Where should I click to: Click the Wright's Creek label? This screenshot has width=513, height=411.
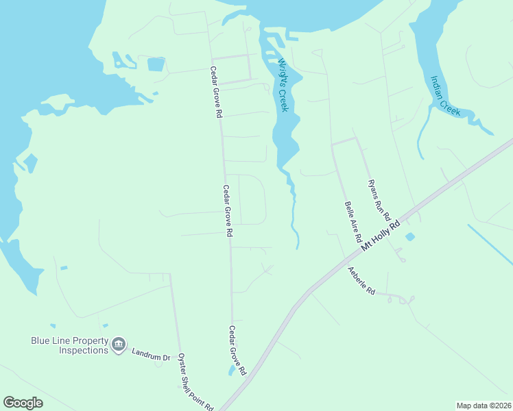[283, 85]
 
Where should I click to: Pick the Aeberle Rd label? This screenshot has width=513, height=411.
[361, 281]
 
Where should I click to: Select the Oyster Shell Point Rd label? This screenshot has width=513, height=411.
[195, 382]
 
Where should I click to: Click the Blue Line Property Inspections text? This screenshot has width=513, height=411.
[69, 345]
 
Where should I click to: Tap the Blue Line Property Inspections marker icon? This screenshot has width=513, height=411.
[119, 345]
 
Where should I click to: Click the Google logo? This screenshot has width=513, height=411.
[23, 402]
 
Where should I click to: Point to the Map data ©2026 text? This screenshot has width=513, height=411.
[483, 405]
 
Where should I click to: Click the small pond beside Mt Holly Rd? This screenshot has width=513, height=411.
[410, 237]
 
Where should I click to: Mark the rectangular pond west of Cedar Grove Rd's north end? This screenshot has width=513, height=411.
[156, 65]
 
